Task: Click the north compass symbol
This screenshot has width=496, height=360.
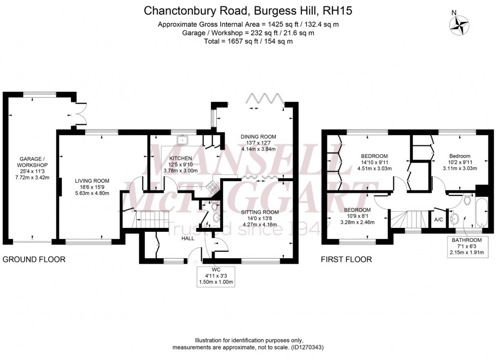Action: click(x=460, y=24)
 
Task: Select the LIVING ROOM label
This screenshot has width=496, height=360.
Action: click(x=92, y=181)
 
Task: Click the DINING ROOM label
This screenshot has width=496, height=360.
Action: click(x=258, y=136)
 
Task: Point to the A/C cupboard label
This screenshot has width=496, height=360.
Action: click(x=439, y=220)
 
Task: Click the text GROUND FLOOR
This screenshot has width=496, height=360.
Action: click(x=34, y=260)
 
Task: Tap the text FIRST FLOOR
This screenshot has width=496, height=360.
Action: click(x=347, y=260)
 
